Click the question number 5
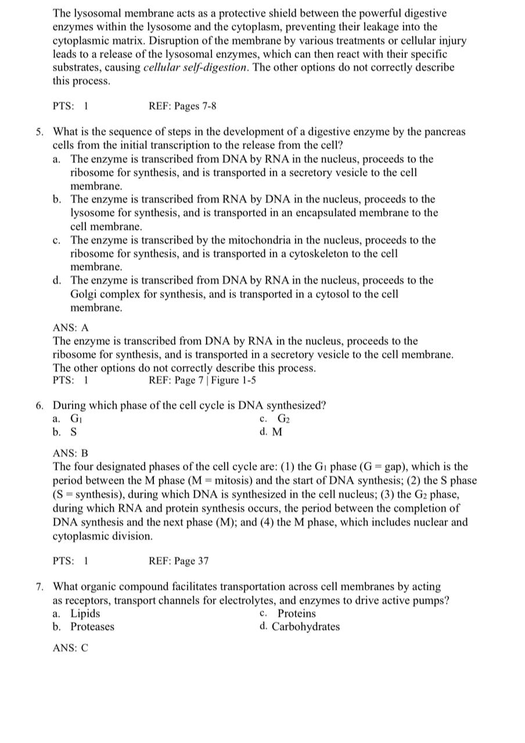38,132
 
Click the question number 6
38,405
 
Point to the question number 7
38,586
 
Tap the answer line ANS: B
70,453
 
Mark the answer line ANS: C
70,648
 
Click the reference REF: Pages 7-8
182,106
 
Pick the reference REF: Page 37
178,561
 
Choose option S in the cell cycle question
73,432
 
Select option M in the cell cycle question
277,432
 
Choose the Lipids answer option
85,614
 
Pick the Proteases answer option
92,627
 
